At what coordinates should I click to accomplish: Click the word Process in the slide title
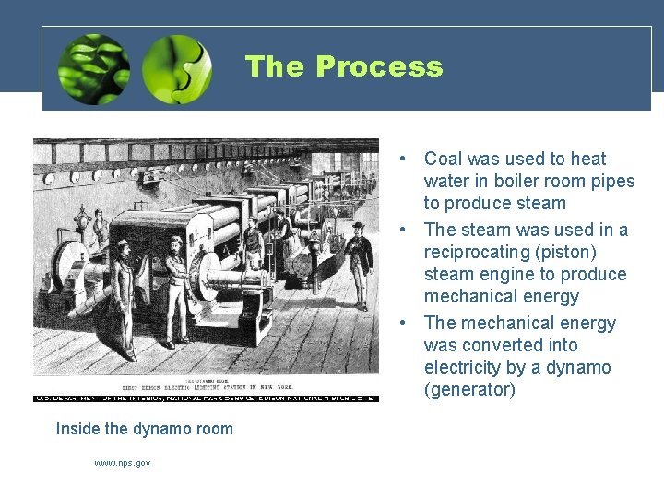[378, 66]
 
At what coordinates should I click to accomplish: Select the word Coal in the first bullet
[443, 159]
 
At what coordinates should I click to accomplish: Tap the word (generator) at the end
[469, 389]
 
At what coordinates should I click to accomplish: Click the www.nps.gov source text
[122, 463]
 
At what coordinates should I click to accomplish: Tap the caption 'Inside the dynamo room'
[145, 429]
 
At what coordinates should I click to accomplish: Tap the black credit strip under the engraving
[206, 397]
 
